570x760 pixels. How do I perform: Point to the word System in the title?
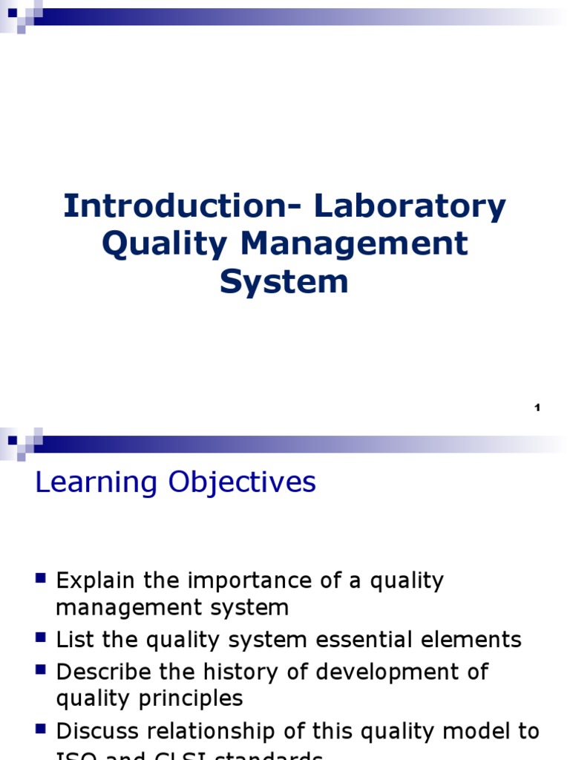(x=284, y=281)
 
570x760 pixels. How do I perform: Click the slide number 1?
(x=537, y=407)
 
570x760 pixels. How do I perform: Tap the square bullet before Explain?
(x=41, y=578)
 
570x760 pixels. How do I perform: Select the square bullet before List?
(x=41, y=638)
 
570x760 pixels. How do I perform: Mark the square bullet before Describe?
(x=41, y=669)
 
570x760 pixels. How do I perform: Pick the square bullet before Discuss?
(x=41, y=729)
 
